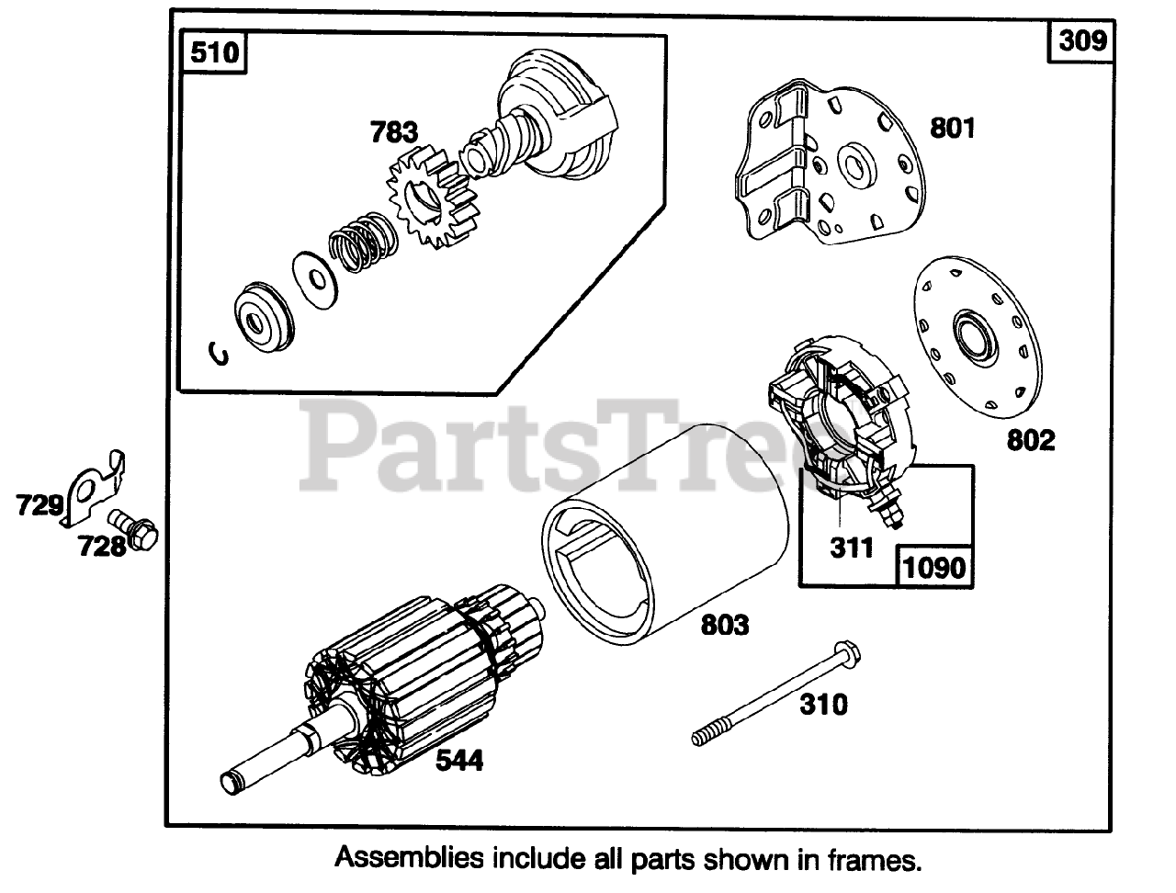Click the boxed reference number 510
(214, 53)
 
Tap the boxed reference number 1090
(933, 567)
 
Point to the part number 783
(394, 133)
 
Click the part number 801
(952, 128)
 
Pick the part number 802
(1031, 440)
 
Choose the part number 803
(724, 626)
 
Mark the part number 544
(459, 761)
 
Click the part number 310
(823, 705)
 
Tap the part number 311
(852, 548)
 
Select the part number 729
(39, 504)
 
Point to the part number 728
(101, 547)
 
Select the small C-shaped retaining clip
(220, 353)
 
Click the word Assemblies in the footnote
(409, 859)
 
